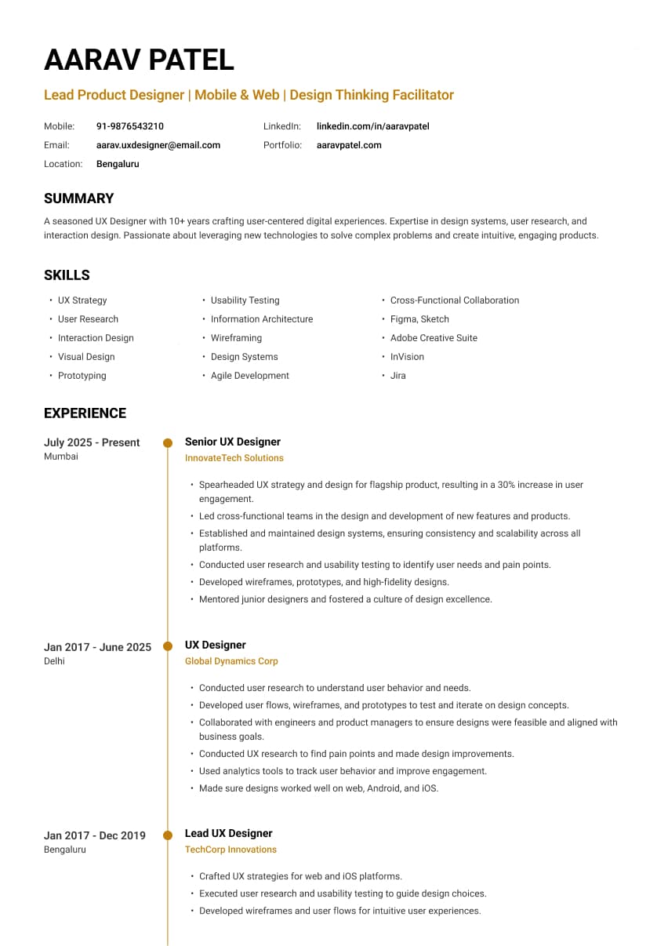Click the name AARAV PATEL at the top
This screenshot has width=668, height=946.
coord(139,60)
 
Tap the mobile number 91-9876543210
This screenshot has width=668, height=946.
coord(130,126)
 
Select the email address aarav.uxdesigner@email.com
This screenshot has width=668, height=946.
coord(158,145)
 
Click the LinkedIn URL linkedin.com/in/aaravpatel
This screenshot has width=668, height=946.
coord(372,126)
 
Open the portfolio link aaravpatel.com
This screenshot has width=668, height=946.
coord(349,145)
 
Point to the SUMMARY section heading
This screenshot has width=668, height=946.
coord(78,198)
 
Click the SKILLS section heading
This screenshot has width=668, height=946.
coord(67,275)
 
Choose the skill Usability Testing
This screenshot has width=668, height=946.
coord(245,300)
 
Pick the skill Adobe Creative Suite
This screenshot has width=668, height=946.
coord(434,338)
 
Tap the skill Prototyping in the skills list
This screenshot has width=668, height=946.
coord(82,376)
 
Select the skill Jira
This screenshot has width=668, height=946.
coord(398,376)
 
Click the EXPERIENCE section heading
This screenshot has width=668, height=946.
coord(85,413)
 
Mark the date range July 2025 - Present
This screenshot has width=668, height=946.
coord(92,442)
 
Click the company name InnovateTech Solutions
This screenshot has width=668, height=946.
coord(234,458)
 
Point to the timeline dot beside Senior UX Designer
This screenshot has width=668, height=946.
coord(168,443)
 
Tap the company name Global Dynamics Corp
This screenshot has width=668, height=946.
coord(231,661)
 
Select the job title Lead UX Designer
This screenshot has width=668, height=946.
coord(228,833)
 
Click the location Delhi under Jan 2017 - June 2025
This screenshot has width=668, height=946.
coord(54,661)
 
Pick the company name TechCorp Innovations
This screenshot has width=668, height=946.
coord(231,850)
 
